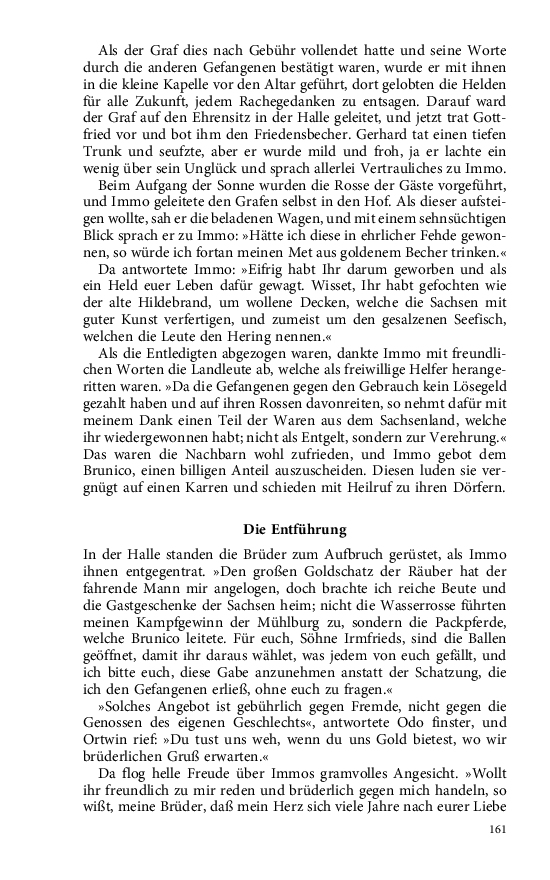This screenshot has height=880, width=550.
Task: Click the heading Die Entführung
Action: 295,528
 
